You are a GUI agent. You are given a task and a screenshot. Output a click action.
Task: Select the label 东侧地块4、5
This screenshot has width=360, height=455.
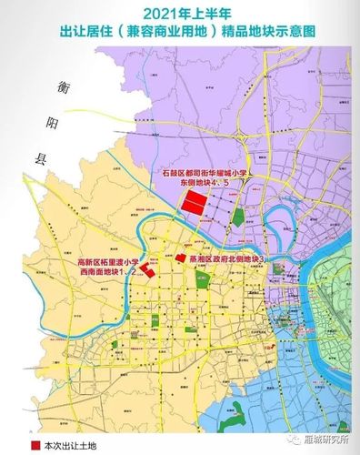pos(210,183)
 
